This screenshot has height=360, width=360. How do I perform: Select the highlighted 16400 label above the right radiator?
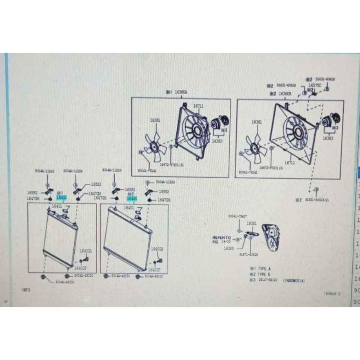click(x=131, y=198)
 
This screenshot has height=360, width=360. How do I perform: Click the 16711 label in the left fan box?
click(x=198, y=106)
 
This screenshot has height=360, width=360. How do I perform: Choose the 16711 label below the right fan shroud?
click(x=290, y=162)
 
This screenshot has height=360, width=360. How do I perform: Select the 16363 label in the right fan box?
click(x=328, y=138)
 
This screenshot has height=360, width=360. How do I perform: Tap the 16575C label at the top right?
click(x=315, y=86)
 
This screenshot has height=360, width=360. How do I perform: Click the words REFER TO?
click(x=221, y=237)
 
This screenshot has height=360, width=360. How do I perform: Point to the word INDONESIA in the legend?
click(x=293, y=281)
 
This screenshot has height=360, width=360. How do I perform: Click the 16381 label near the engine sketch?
click(x=252, y=223)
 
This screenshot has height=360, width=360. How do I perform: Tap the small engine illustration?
click(x=271, y=236)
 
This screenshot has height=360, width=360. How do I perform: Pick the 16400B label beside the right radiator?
click(x=157, y=249)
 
